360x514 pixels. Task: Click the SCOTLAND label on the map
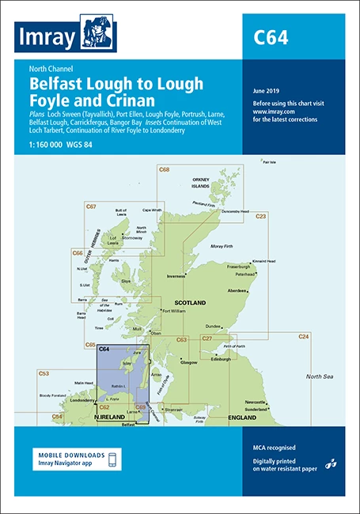[x=190, y=303]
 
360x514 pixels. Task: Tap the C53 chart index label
[x=44, y=372]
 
